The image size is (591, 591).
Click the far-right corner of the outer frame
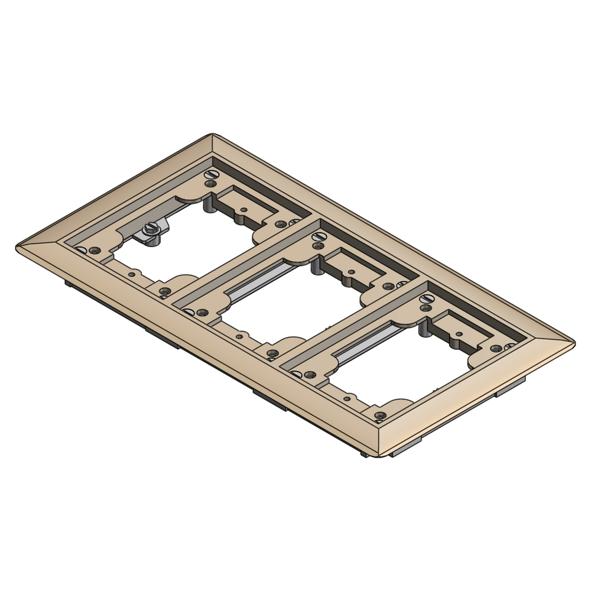click(x=573, y=342)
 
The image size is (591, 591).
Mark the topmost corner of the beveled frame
click(x=211, y=135)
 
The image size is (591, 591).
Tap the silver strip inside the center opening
click(x=260, y=284)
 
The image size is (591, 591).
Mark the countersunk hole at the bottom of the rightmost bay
click(x=381, y=415)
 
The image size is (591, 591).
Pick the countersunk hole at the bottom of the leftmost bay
click(x=165, y=290)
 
